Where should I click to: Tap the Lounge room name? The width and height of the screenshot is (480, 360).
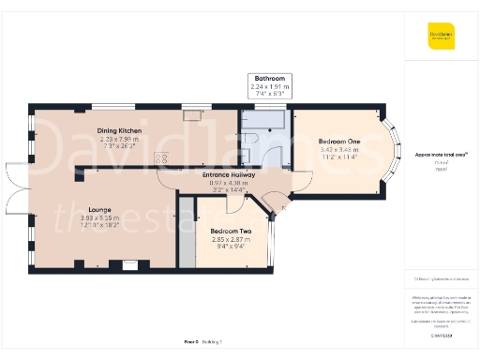[x=100, y=209]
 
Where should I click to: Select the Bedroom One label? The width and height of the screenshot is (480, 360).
[x=340, y=141]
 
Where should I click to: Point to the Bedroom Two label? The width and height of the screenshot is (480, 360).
[x=231, y=231]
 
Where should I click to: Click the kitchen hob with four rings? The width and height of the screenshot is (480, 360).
[x=160, y=160]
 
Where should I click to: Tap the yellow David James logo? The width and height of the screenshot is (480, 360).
[x=442, y=37]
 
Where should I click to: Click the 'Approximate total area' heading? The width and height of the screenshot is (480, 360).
[x=442, y=155]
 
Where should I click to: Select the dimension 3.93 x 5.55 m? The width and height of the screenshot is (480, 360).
[x=100, y=218]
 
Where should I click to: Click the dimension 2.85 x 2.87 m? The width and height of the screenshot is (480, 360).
[x=231, y=239]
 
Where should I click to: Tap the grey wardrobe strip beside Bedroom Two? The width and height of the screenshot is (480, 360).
[x=187, y=230]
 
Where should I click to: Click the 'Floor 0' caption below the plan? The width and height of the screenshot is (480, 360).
[x=191, y=344]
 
